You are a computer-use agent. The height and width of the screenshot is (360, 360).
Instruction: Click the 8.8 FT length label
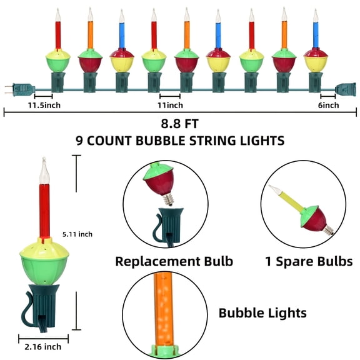point(180,124)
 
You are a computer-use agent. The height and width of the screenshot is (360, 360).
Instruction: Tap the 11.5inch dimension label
point(44,105)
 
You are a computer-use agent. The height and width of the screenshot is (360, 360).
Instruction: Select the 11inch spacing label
point(170,105)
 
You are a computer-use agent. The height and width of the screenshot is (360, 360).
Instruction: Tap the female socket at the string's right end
point(346,89)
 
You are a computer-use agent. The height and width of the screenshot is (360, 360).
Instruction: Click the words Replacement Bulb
point(174,261)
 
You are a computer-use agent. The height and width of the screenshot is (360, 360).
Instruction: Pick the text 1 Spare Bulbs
point(304,261)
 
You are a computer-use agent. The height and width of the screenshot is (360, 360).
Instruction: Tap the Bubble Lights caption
point(262,312)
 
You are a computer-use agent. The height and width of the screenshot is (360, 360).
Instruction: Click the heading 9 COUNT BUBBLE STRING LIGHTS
point(180,141)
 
